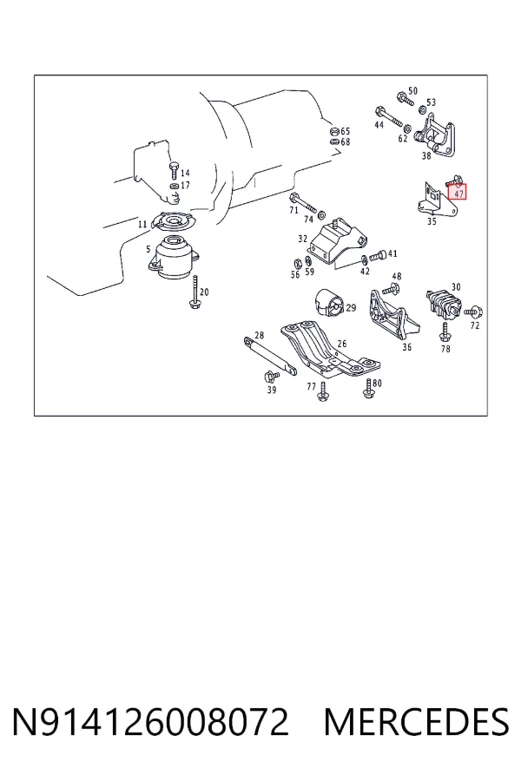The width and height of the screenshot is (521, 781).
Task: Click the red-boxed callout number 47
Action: pos(458,194)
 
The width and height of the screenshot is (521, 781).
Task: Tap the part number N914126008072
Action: pos(150,722)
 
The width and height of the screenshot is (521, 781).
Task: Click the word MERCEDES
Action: pos(416,722)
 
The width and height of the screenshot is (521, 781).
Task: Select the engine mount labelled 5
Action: pos(173,258)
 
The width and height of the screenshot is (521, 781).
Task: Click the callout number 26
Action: pos(341,344)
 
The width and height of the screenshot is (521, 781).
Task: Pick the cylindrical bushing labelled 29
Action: pos(328,302)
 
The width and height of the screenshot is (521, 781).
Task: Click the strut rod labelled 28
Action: pos(270,355)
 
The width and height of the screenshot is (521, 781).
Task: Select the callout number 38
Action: pos(425,156)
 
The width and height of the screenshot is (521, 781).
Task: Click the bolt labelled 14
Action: pos(173,170)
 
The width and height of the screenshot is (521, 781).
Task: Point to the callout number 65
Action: pos(345,132)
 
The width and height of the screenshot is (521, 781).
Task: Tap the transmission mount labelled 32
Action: pos(338,240)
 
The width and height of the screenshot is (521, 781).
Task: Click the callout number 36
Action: pos(407,347)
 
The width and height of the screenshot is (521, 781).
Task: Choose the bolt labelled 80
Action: pos(368,389)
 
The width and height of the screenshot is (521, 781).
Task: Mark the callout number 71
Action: pos(293,210)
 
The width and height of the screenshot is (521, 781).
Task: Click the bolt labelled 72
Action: pos(473,312)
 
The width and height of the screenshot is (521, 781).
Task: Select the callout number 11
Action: pos(142,224)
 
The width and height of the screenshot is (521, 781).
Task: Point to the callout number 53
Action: pos(431,102)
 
